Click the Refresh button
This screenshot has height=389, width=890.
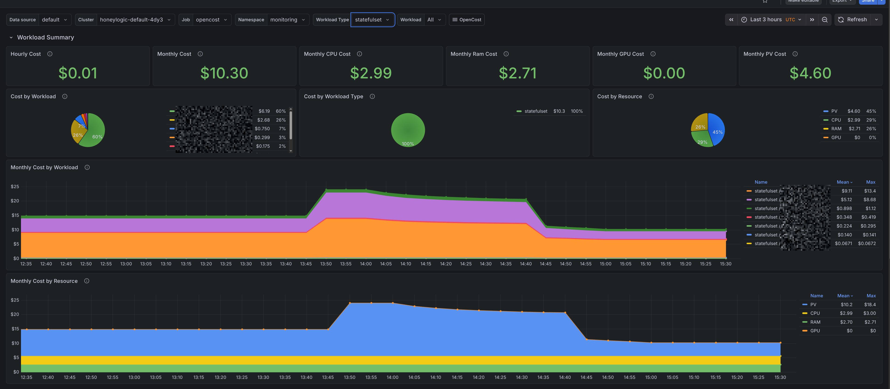pos(852,20)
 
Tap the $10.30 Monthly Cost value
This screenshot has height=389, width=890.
pos(224,73)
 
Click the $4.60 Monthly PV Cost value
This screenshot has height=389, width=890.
pos(810,73)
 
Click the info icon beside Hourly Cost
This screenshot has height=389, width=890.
pos(50,54)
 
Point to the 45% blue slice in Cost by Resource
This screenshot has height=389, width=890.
pos(716,130)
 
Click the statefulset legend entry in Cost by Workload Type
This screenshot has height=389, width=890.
pos(535,111)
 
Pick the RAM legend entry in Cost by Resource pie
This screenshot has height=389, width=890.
pos(836,129)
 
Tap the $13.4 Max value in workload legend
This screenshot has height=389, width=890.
pos(870,191)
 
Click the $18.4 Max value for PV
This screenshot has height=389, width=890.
pos(870,305)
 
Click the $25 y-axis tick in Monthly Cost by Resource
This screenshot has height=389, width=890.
pos(15,300)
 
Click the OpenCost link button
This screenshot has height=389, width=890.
pos(466,20)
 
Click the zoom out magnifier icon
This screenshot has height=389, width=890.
pos(824,20)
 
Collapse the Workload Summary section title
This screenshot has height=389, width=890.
pos(45,37)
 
